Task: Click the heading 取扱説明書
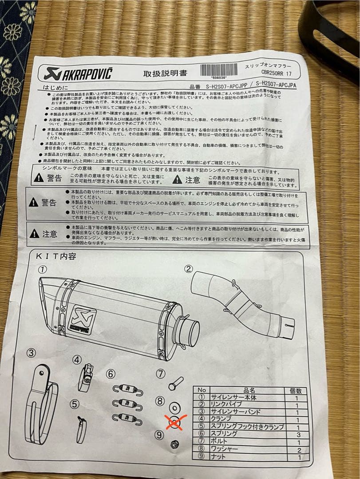161,74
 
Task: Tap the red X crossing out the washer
174,422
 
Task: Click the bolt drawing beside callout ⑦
175,383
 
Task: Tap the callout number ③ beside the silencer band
31,353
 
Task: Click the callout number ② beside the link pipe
189,269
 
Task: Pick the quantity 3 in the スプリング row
298,435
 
